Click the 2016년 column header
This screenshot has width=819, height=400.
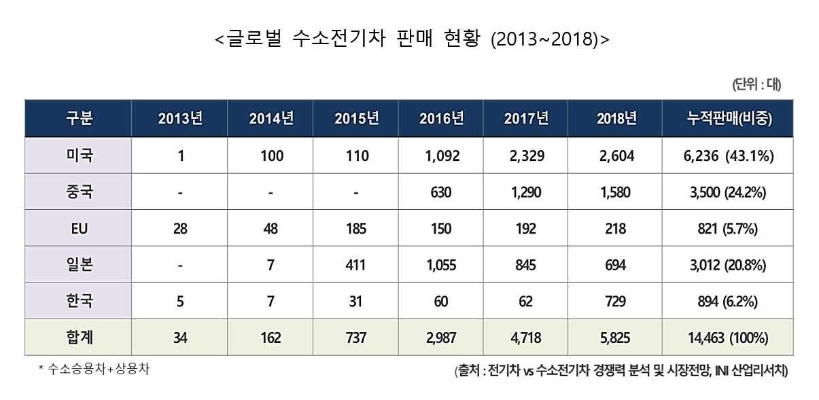pos(441,118)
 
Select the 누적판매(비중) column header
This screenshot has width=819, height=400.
pos(729,118)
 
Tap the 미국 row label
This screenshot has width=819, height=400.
pos(80,156)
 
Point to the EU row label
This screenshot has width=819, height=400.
pos(79,229)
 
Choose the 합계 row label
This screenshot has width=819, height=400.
pos(80,337)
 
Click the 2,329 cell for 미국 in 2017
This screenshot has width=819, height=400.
pos(527,156)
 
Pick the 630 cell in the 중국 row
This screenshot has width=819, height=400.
pos(441,192)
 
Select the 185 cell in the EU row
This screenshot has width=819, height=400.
pos(356,229)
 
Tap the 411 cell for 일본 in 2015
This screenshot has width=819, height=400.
pos(355,265)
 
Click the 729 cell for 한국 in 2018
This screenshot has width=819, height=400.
pos(615,302)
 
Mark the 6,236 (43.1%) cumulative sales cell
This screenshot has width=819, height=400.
pos(729,156)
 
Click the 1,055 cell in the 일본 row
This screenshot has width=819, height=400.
pos(441,265)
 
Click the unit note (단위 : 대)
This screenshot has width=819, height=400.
pos(756,85)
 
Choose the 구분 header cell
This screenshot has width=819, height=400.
pos(80,118)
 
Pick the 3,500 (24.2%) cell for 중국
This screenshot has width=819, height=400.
pos(728,192)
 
